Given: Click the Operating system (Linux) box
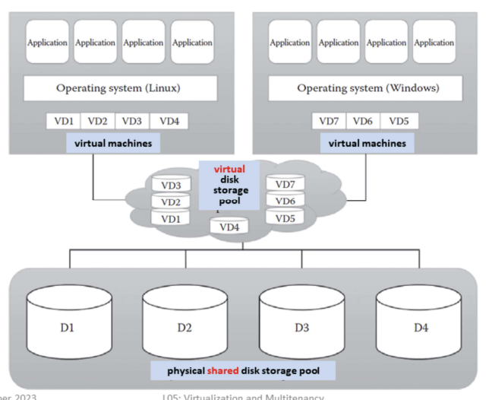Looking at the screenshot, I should pos(118,88).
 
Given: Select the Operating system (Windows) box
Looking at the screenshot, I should pos(367,88).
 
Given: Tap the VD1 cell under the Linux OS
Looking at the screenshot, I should pos(63,121).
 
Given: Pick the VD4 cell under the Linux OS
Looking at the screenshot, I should pos(168,121).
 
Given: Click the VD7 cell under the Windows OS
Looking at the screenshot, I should pos(329,121).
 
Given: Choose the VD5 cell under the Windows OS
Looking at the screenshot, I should pos(399,121).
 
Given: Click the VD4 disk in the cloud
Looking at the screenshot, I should pos(229,227).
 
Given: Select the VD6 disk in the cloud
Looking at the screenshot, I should pos(285,202).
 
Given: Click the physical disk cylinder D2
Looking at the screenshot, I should pos(184,327).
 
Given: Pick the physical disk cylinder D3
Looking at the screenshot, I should pos(302,327).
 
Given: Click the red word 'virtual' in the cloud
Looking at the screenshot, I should pos(229,170).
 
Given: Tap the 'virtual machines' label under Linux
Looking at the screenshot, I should pos(112,143).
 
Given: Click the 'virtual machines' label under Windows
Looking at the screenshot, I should pos(367,143).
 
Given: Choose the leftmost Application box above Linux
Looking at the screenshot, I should pos(47,43).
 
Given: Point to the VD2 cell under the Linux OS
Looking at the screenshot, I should pos(98,121).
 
